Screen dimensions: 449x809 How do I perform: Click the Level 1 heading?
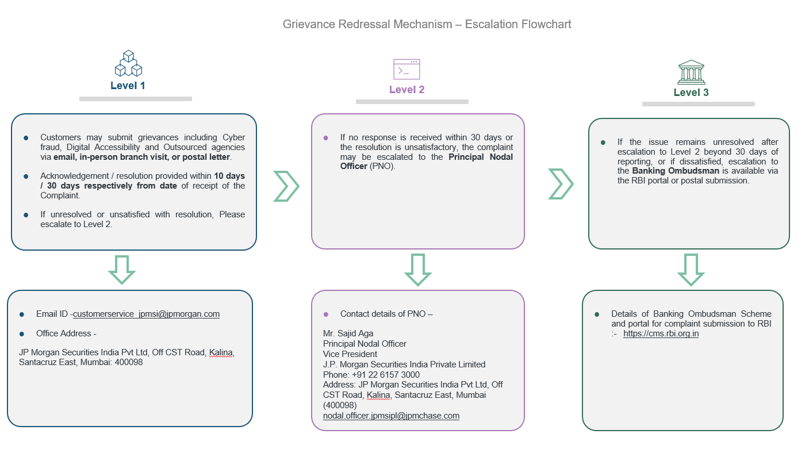[128, 86]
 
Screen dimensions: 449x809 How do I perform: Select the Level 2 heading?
[407, 90]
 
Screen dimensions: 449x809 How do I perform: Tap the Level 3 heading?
[691, 93]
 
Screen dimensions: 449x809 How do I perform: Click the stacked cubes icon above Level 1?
[128, 64]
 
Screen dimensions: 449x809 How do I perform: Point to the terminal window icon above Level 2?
[407, 69]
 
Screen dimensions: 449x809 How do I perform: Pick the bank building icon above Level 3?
[691, 72]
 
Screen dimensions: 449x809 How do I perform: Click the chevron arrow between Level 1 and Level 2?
[286, 186]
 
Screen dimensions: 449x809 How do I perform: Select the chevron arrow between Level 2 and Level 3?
[561, 184]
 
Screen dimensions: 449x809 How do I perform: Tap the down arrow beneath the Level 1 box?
[122, 269]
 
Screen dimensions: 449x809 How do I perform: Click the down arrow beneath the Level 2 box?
[418, 270]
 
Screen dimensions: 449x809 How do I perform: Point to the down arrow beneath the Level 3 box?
[691, 270]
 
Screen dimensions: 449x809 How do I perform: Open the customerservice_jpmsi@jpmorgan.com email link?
[146, 314]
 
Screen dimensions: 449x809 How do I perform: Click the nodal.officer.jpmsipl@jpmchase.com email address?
[391, 415]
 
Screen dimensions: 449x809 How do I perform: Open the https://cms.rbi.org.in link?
[661, 333]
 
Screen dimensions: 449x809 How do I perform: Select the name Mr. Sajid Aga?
[348, 333]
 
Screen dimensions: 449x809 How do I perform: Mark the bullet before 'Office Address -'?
[22, 334]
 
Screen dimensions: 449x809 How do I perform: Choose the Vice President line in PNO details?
[350, 354]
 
